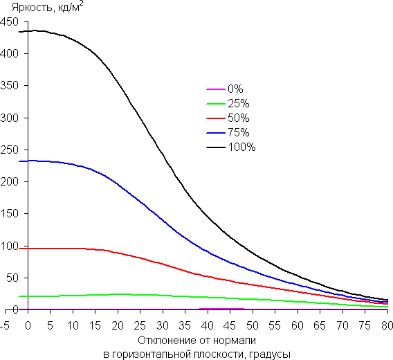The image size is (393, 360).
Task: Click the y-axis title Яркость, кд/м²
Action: tap(47, 8)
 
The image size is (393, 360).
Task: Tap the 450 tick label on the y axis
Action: tap(9, 22)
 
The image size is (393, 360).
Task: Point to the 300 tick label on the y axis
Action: tap(9, 118)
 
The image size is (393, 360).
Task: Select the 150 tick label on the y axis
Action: tap(9, 214)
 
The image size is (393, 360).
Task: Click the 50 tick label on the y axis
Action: tap(12, 278)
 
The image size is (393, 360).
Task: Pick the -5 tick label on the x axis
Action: tap(5, 325)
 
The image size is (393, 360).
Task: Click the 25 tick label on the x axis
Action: tap(140, 325)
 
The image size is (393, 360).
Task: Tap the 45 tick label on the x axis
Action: tap(230, 325)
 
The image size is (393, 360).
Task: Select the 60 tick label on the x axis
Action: tap(298, 325)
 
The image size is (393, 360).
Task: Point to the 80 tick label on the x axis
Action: tap(387, 325)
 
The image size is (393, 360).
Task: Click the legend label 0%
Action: tap(235, 89)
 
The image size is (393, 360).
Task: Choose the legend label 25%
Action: tap(239, 103)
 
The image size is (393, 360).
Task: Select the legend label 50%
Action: tap(239, 118)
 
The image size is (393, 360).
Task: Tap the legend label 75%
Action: tap(239, 132)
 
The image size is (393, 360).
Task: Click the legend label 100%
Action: tap(241, 147)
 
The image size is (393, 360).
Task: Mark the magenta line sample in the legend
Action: tap(216, 89)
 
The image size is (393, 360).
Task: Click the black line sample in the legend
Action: tap(216, 147)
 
